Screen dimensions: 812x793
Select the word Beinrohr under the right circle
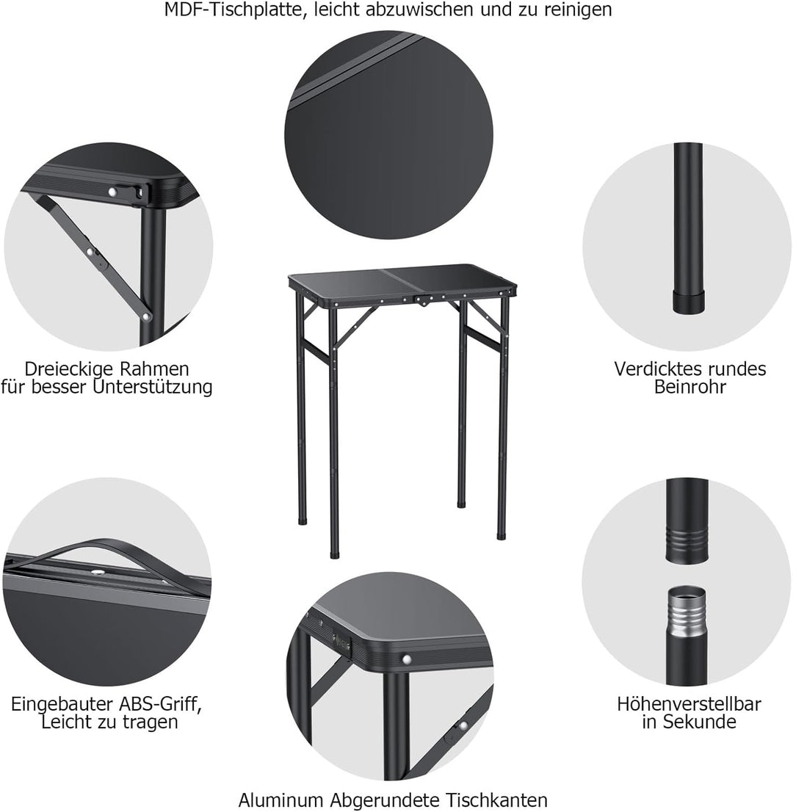[689, 387]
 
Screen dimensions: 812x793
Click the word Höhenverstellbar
[689, 704]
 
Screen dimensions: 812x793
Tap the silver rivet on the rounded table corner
[406, 659]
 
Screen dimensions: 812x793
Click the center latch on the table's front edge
[422, 300]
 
